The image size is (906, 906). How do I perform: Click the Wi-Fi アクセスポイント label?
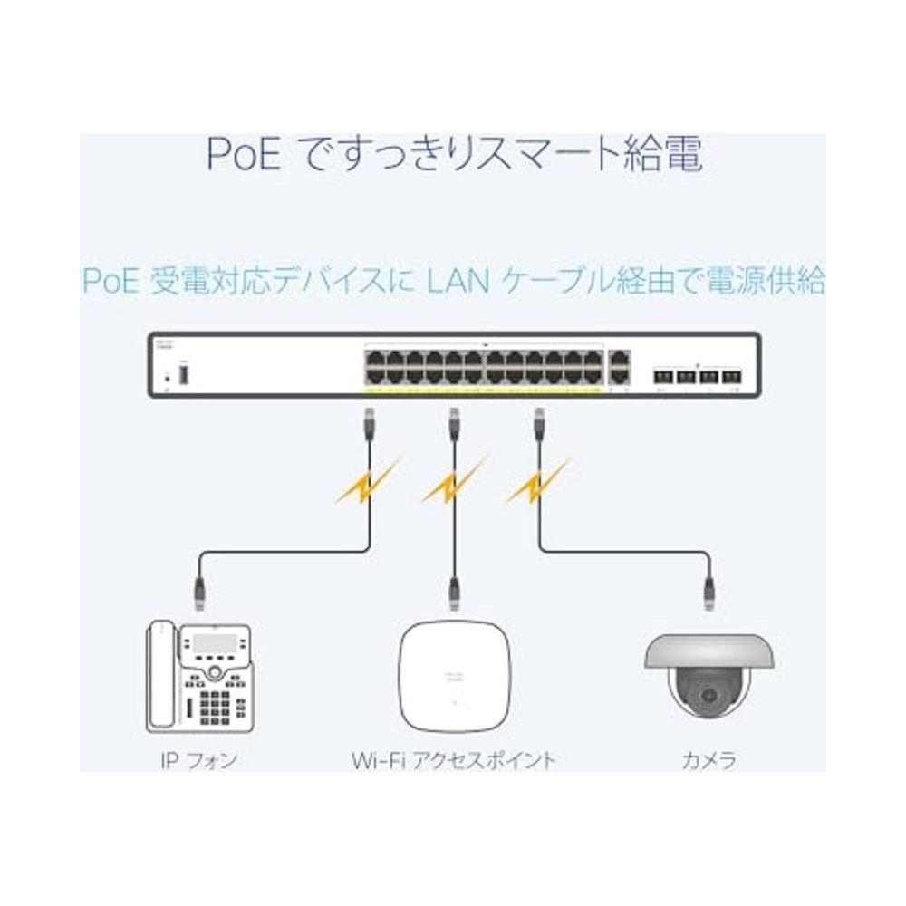click(x=453, y=759)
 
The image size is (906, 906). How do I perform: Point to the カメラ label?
click(x=708, y=759)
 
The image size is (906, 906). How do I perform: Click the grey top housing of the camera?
click(x=708, y=651)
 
